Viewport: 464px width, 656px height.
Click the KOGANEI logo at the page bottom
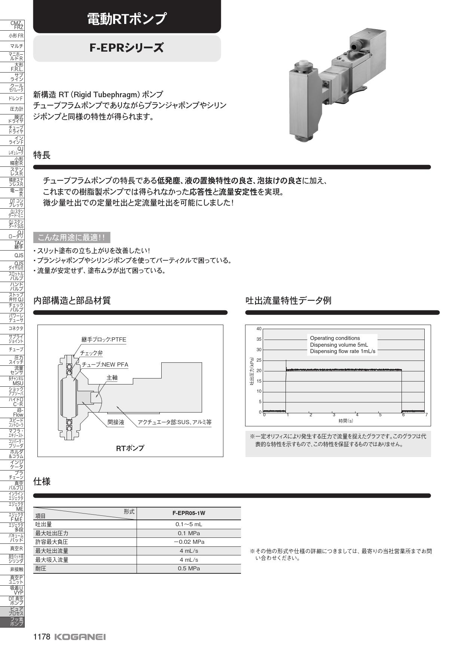point(80,637)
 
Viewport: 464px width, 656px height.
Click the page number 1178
point(42,637)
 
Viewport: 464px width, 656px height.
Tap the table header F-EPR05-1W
point(189,514)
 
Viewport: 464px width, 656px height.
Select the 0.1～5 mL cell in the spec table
point(189,524)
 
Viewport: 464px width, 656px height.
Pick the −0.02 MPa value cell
point(189,542)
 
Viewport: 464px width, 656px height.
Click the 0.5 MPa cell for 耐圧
point(189,568)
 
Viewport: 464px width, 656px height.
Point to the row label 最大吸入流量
point(52,560)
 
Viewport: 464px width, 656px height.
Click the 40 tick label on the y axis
point(259,329)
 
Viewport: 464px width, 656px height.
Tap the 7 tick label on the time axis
point(426,415)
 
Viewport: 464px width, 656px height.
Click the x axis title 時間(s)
point(346,421)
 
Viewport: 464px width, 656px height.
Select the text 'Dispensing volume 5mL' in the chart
point(339,345)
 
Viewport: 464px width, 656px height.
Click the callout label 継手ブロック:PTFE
point(104,340)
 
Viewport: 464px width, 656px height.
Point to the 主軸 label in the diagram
point(112,378)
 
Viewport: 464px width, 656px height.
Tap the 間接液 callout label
point(116,422)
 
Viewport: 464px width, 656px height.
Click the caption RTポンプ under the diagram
point(130,448)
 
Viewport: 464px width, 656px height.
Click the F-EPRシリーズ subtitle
point(126,48)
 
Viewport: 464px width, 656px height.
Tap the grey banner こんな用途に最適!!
point(71,237)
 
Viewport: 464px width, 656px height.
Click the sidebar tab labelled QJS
point(19,255)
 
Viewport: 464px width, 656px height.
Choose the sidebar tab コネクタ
point(16,328)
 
